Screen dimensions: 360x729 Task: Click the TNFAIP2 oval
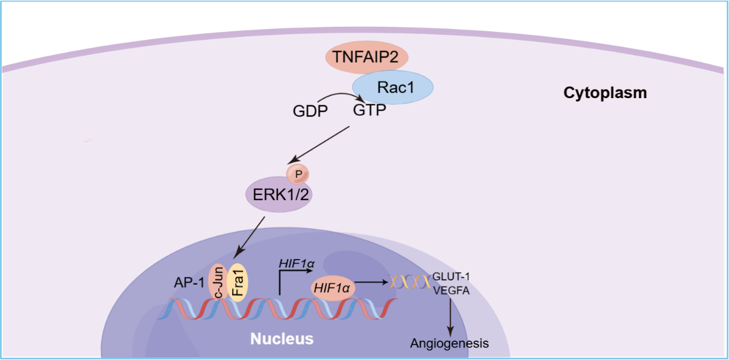click(366, 57)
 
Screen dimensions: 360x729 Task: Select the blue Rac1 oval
click(392, 87)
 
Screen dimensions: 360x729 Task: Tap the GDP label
click(310, 111)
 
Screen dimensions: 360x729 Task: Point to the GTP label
click(369, 110)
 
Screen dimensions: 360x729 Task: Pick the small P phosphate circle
click(297, 172)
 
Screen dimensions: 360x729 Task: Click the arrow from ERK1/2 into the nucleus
click(251, 236)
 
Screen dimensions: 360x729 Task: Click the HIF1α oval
click(334, 288)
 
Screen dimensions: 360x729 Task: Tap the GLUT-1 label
click(451, 277)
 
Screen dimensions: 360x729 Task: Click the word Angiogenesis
click(449, 343)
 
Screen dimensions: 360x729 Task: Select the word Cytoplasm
click(605, 93)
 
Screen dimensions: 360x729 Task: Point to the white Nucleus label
click(282, 339)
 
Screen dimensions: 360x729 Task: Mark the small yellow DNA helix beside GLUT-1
click(409, 281)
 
